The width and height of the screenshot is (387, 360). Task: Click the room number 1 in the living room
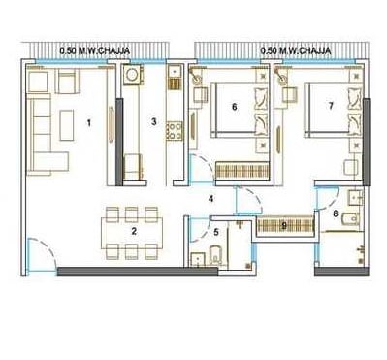pyautogui.click(x=90, y=123)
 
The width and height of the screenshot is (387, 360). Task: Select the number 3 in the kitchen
pyautogui.click(x=154, y=123)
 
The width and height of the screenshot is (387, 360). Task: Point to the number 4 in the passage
pyautogui.click(x=210, y=199)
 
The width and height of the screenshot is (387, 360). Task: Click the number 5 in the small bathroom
pyautogui.click(x=216, y=233)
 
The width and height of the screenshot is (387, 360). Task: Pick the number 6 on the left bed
pyautogui.click(x=235, y=107)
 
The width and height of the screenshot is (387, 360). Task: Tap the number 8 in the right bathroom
pyautogui.click(x=336, y=212)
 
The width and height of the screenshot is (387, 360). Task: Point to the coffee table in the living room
pyautogui.click(x=66, y=121)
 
